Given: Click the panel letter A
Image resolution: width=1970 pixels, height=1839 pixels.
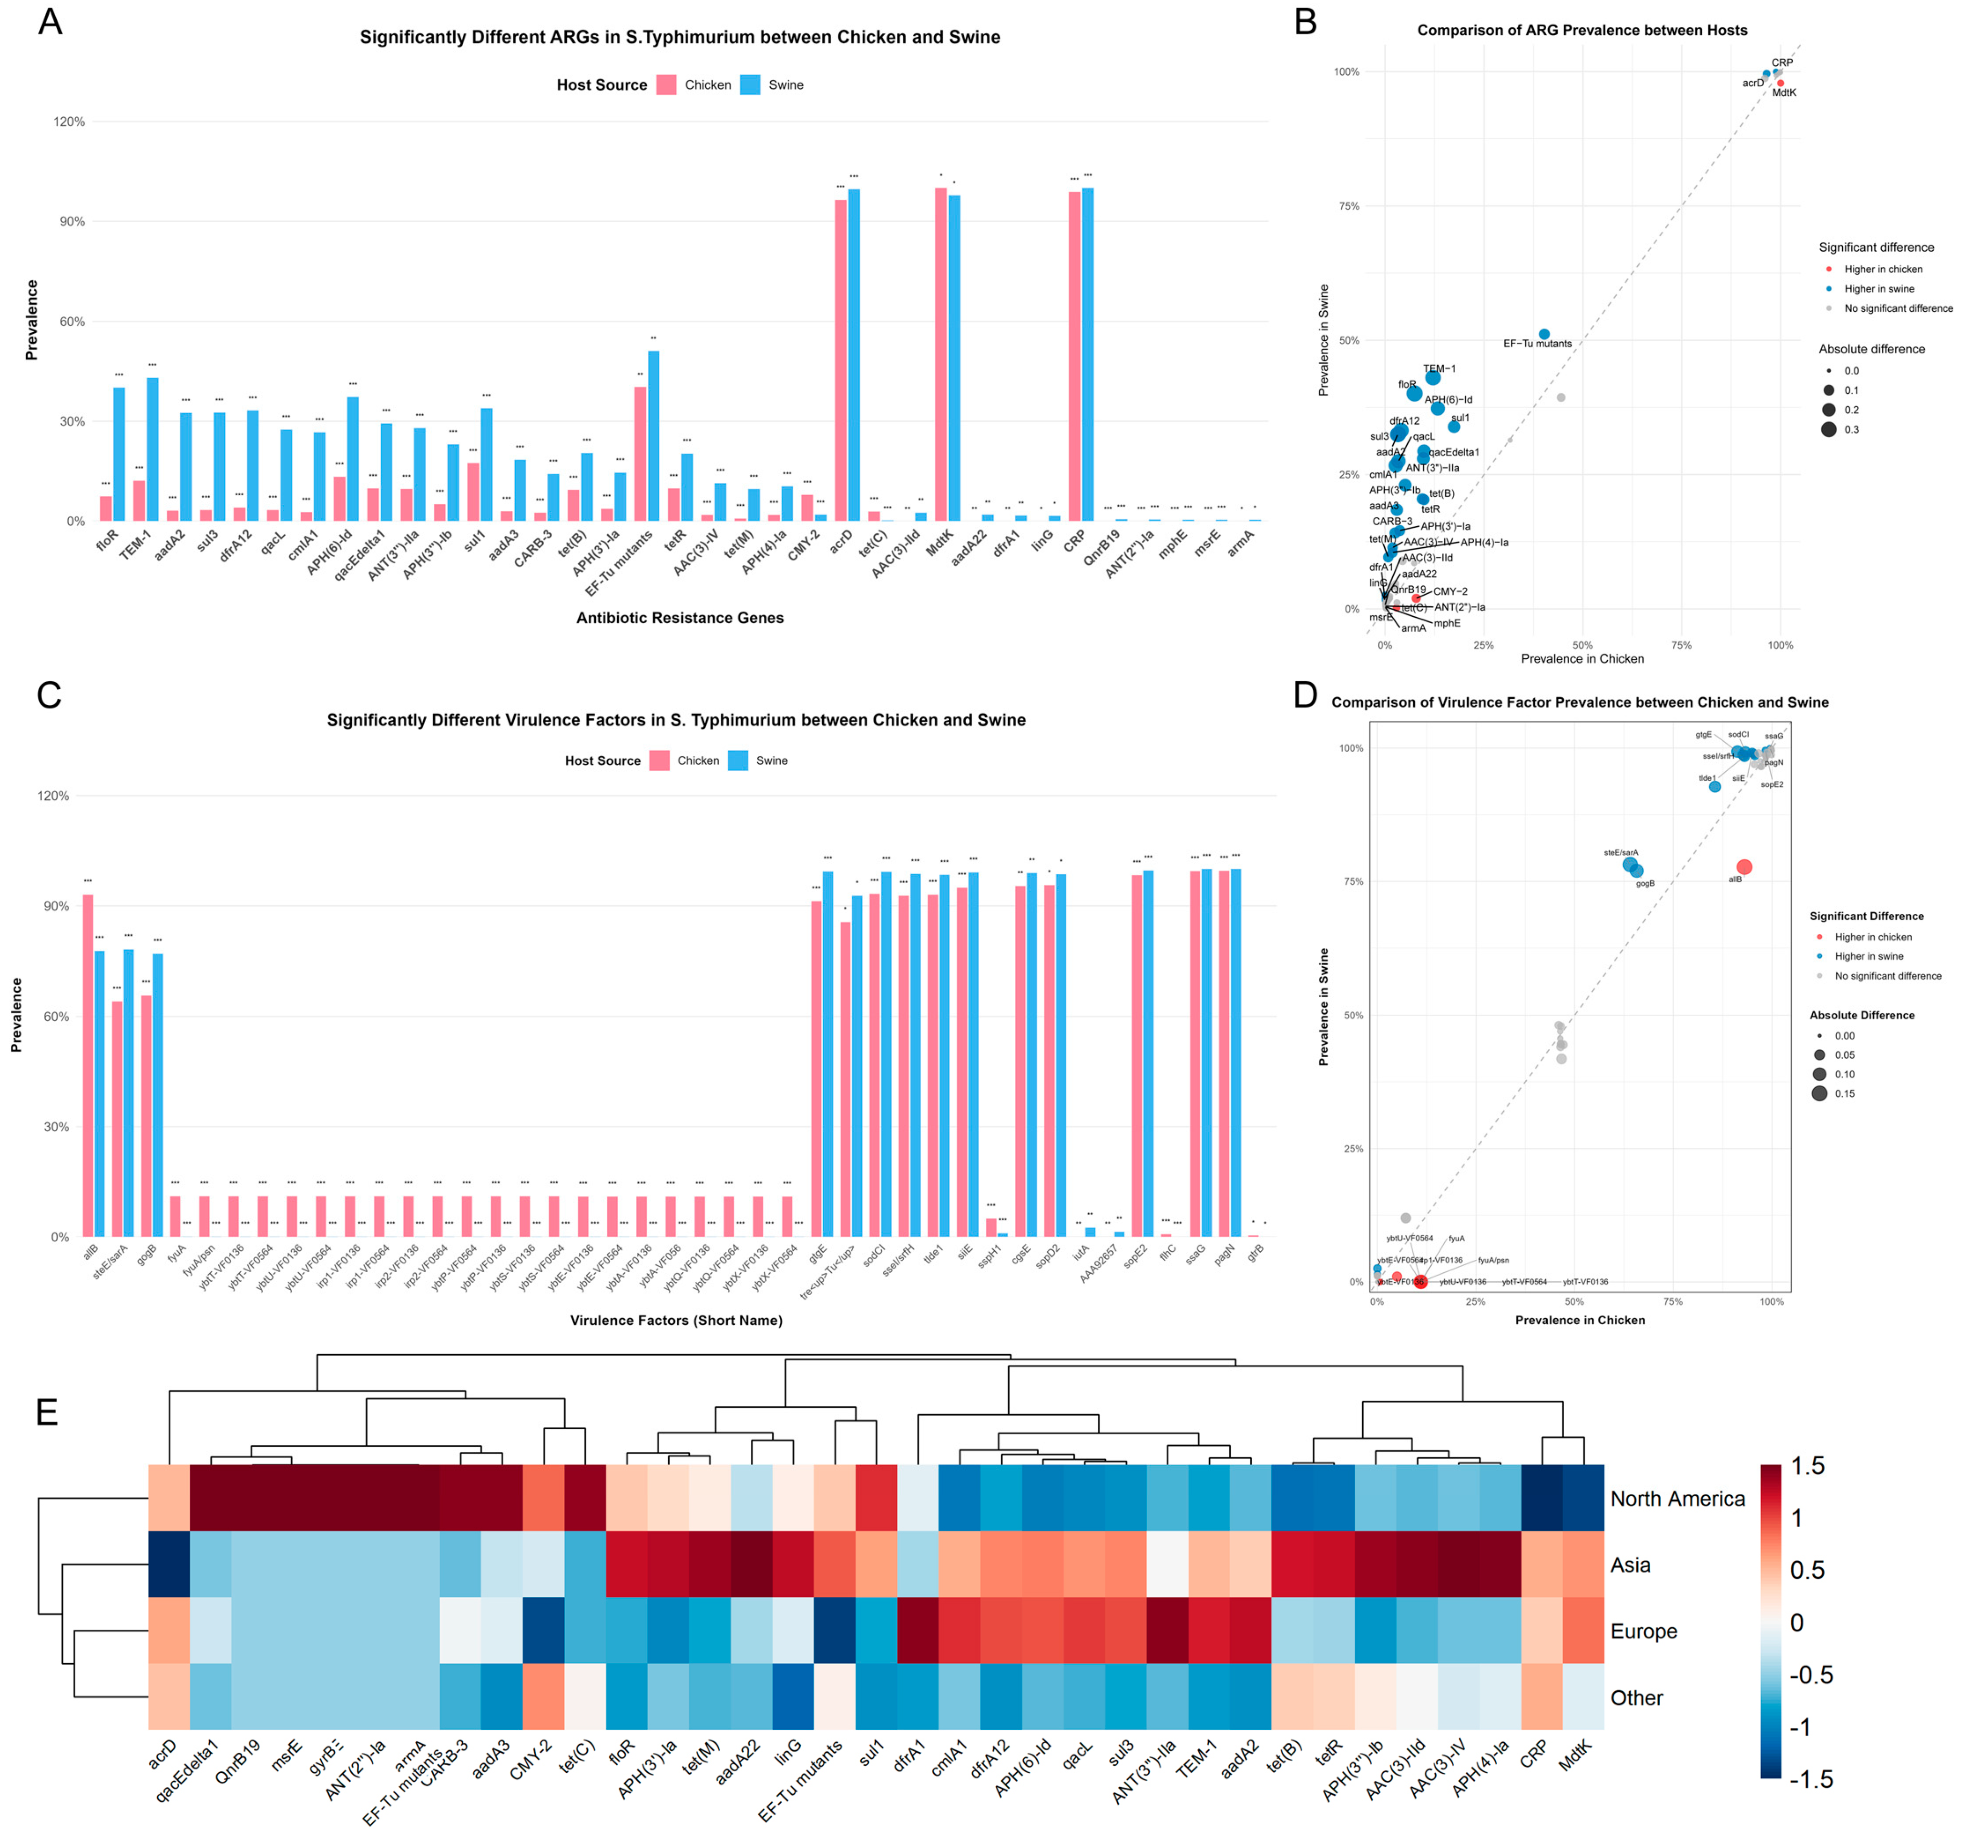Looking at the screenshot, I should coord(50,22).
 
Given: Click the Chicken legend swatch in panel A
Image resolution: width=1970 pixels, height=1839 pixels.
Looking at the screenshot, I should coord(666,85).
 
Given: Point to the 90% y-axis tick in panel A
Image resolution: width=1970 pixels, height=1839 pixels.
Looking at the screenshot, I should coord(70,222).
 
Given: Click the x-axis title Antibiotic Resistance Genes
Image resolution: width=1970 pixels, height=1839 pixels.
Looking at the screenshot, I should coord(680,617).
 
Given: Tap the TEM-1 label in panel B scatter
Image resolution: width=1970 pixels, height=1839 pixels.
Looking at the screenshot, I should coord(1439,368).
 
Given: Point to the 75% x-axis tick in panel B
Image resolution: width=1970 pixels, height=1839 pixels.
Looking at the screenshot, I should coord(1682,645).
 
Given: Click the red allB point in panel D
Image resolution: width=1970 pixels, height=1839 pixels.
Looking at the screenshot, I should coord(1744,867).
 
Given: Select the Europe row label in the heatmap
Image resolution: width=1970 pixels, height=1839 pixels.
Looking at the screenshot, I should coord(1643,1631).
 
